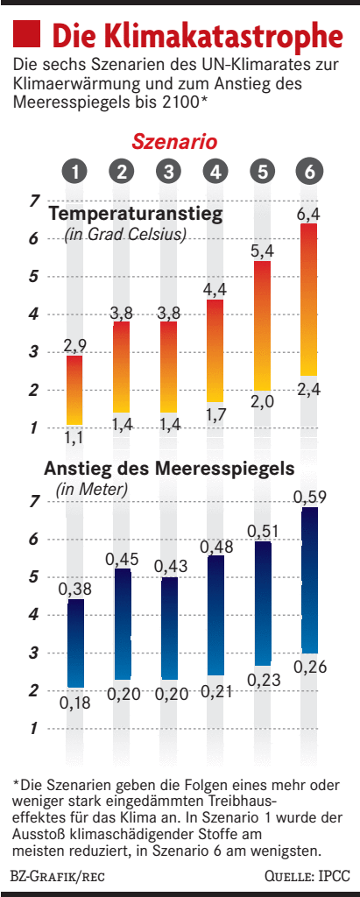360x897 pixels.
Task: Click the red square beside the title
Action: tap(26, 35)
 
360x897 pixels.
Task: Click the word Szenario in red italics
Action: tap(174, 141)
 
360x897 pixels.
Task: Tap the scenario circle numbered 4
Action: tap(215, 172)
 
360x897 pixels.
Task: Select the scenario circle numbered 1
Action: tap(76, 172)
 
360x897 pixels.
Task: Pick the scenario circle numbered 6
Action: tap(307, 172)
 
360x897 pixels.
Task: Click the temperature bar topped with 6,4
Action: tap(308, 298)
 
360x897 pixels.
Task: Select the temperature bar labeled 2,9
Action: tap(76, 390)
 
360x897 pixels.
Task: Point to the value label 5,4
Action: tap(261, 251)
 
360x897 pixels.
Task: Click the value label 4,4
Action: tap(215, 290)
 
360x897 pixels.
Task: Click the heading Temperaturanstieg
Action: tap(135, 215)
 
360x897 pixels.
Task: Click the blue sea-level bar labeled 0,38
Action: tap(76, 643)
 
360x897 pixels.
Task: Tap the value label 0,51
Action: tap(261, 531)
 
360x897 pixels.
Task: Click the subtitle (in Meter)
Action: tap(92, 489)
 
